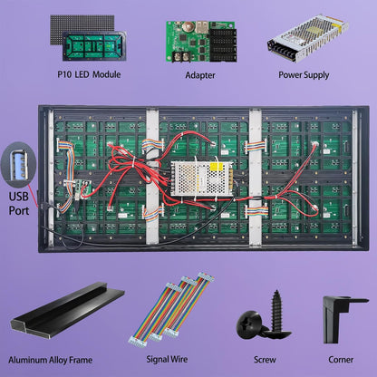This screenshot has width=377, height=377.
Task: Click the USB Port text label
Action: pyautogui.click(x=19, y=205)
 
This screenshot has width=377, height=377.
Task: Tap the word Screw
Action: pyautogui.click(x=264, y=359)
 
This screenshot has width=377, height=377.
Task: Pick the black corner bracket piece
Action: pyautogui.click(x=343, y=316)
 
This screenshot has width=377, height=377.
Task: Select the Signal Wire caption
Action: pyautogui.click(x=173, y=359)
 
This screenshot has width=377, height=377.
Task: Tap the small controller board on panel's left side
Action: pyautogui.click(x=72, y=187)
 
